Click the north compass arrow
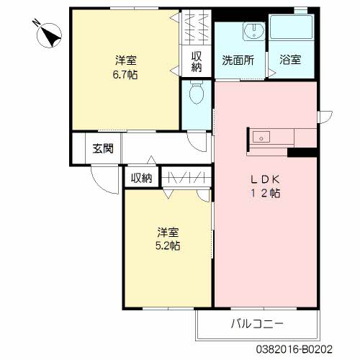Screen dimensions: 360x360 click(x=49, y=34)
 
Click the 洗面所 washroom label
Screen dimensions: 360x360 click(x=238, y=61)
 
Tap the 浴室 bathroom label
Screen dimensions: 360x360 click(x=290, y=61)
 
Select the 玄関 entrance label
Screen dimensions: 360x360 click(x=103, y=150)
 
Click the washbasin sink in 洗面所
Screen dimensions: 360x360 click(x=252, y=30)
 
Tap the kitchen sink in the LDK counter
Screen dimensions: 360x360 click(x=261, y=135)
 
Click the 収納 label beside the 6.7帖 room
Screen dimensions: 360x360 click(x=196, y=61)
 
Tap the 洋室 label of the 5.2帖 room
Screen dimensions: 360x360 click(x=168, y=232)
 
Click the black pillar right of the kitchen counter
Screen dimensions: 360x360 click(x=302, y=152)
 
